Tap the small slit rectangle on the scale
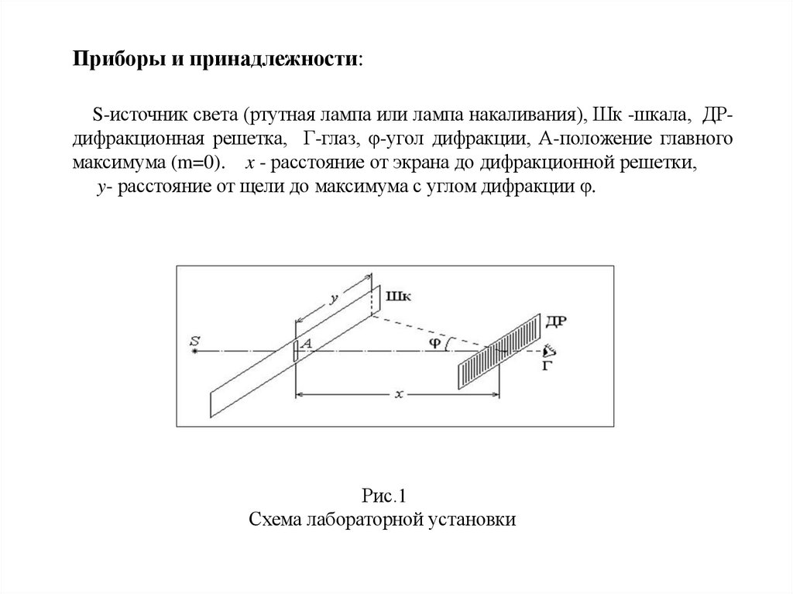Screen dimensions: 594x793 pos(295,350)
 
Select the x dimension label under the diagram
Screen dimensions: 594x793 pos(397,393)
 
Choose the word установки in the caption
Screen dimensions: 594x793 pos(475,519)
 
